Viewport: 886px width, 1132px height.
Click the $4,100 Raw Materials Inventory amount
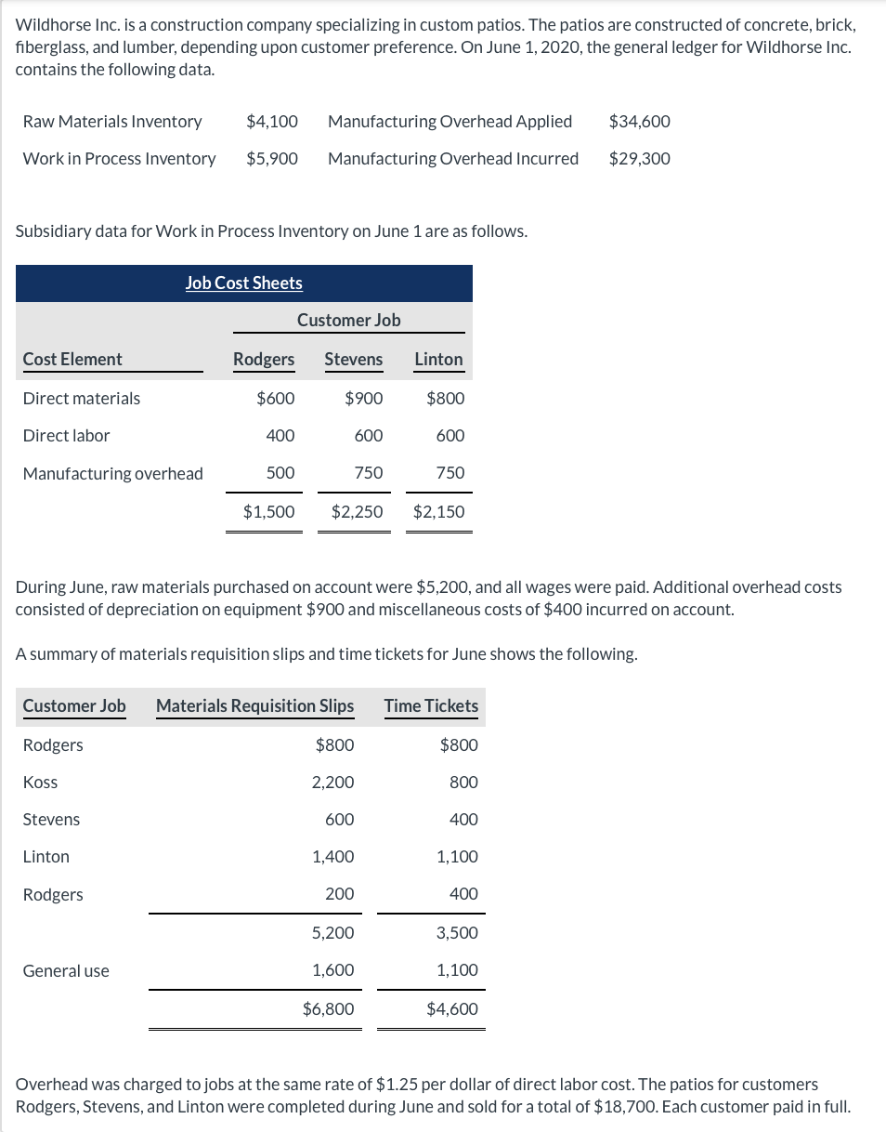272,122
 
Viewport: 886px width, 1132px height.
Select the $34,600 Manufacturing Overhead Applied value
639,122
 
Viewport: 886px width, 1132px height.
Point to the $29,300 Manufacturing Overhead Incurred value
639,159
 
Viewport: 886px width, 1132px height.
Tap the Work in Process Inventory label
119,159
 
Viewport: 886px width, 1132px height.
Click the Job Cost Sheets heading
243,283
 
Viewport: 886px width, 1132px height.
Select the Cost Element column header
72,360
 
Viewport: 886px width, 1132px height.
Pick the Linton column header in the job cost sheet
438,360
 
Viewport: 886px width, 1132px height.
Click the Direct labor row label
66,436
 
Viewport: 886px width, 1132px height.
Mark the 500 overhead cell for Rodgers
280,473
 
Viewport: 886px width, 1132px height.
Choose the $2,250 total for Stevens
357,512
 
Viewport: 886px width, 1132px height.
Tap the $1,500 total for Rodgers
268,512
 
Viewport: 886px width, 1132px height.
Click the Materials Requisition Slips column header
254,706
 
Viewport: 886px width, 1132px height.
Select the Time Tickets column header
431,706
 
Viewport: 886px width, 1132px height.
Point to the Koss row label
40,783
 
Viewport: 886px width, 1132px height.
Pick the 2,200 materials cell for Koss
332,783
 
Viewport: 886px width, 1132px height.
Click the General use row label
66,971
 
